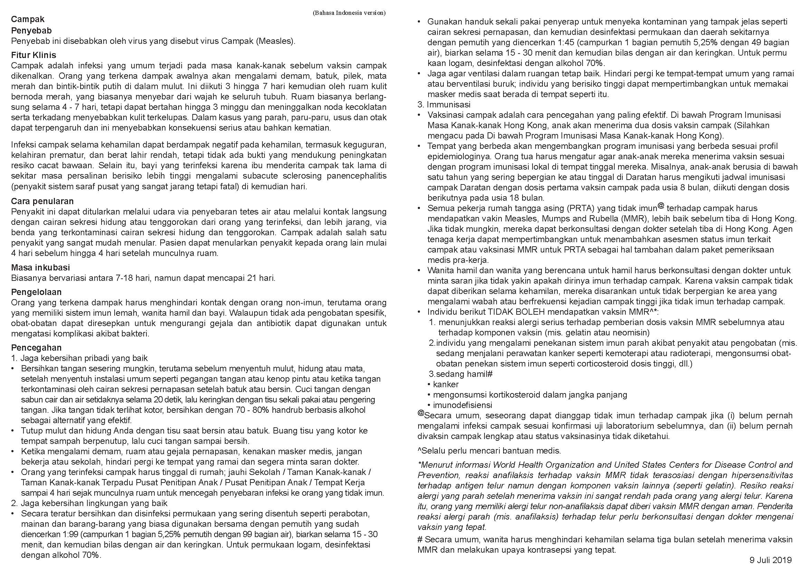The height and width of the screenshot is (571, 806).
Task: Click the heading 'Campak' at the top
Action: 28,19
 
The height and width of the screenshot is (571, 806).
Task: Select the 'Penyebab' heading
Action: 31,31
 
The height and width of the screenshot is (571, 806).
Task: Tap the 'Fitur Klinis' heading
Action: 33,55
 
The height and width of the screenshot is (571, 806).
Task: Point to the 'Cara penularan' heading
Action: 42,201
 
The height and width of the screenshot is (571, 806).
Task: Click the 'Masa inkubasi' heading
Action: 40,268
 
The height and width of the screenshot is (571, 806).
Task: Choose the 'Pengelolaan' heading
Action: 36,292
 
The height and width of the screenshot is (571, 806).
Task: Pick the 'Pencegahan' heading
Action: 36,348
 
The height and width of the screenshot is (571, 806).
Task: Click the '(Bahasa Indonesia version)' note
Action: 349,13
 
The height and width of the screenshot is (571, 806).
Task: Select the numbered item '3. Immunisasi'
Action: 444,104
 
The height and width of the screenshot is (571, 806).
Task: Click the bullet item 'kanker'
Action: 445,384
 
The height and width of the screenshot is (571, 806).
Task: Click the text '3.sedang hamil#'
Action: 460,374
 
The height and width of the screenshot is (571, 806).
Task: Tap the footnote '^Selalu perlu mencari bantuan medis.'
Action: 489,450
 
